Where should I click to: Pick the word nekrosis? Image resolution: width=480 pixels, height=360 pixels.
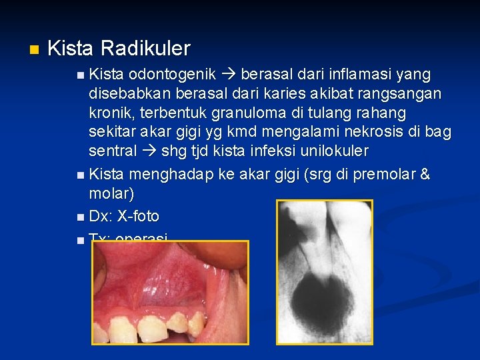point(371,131)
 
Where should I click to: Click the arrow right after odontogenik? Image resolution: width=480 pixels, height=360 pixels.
point(233,73)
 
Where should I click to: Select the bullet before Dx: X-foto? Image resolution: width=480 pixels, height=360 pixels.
point(80,217)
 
